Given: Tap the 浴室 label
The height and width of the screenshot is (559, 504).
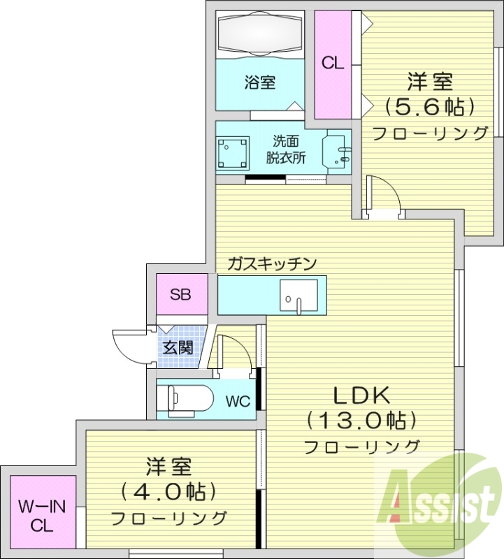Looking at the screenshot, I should pyautogui.click(x=259, y=82).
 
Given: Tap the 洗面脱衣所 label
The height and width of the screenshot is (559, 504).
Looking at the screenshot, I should pyautogui.click(x=285, y=148).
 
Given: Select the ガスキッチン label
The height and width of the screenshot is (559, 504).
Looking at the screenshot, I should pyautogui.click(x=273, y=263).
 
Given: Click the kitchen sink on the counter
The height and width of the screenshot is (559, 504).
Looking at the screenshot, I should pyautogui.click(x=298, y=294).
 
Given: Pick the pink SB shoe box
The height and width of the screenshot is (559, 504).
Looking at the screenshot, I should pyautogui.click(x=181, y=294).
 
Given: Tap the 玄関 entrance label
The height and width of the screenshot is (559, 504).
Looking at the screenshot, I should pyautogui.click(x=179, y=347).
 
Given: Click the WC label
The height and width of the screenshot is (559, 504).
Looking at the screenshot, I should pyautogui.click(x=237, y=402).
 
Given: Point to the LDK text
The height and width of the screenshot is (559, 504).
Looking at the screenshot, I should pyautogui.click(x=360, y=395).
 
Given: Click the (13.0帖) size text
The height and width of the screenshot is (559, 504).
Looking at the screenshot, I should pyautogui.click(x=361, y=420).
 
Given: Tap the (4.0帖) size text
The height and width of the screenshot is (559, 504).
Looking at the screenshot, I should pyautogui.click(x=168, y=491).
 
